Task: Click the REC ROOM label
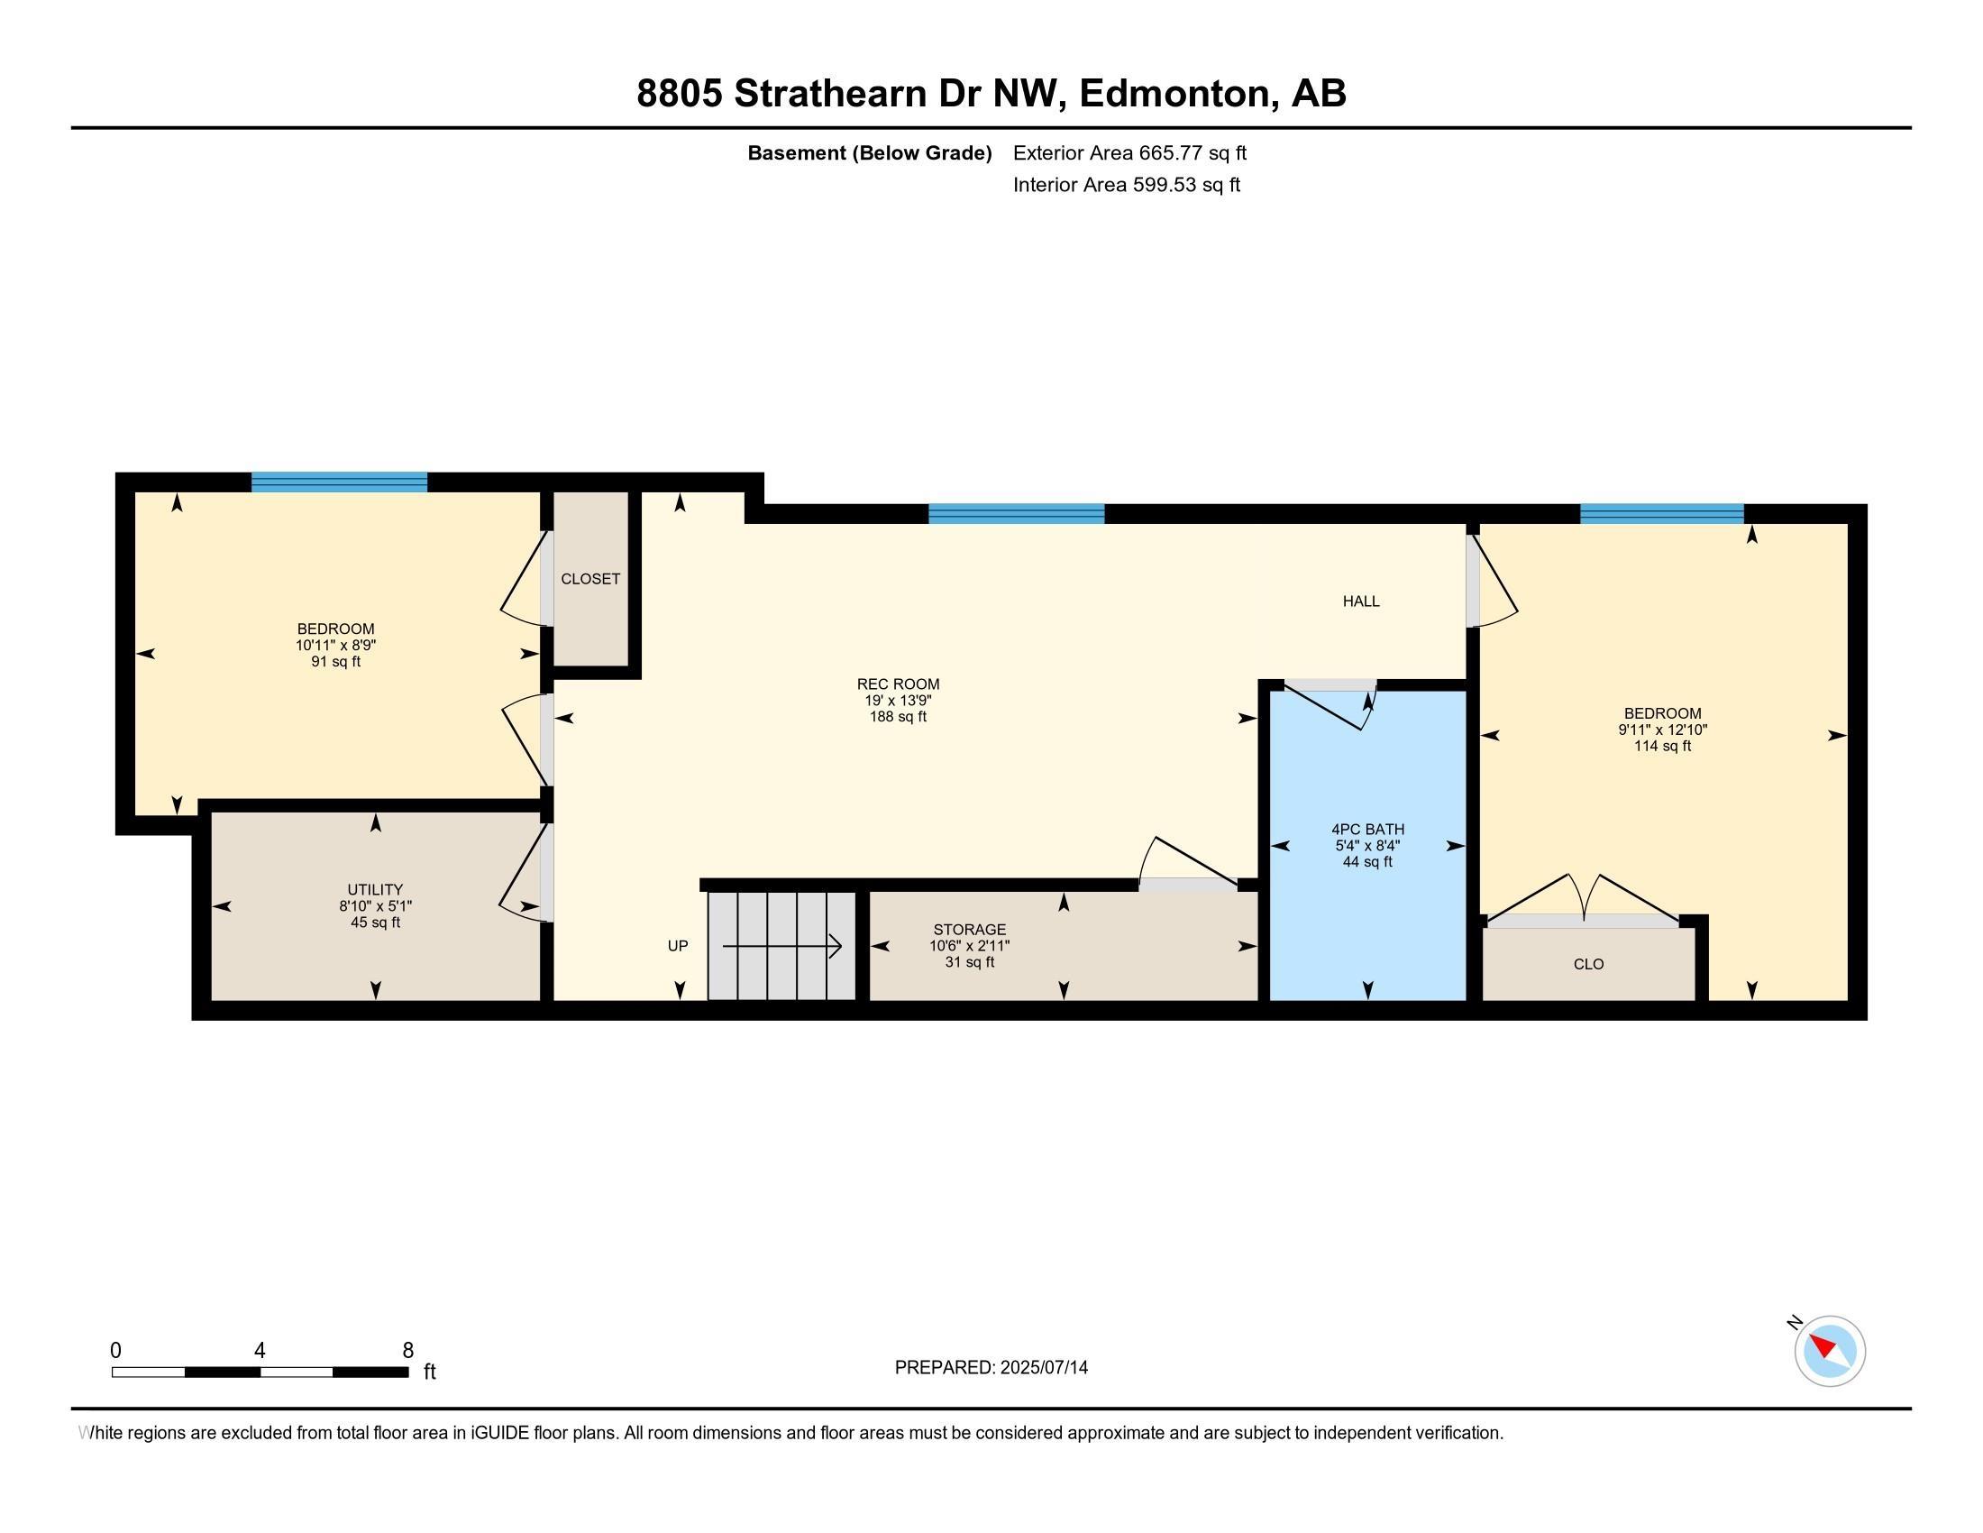click(x=898, y=684)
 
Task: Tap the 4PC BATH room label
click(x=1367, y=829)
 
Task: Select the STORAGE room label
click(x=970, y=929)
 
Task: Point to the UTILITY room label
click(x=375, y=889)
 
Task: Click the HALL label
click(x=1361, y=601)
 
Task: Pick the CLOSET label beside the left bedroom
click(x=590, y=579)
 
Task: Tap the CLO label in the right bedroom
click(x=1588, y=964)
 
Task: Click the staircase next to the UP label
click(x=781, y=946)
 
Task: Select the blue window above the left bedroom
click(x=339, y=482)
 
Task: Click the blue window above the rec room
click(x=1016, y=514)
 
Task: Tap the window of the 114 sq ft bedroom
click(x=1661, y=514)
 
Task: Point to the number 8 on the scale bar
click(x=407, y=1351)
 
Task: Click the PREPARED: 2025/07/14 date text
click(x=991, y=1368)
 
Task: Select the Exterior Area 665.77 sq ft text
click(x=1129, y=153)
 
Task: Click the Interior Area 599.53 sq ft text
click(x=1126, y=185)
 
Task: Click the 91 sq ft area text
click(x=335, y=662)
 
